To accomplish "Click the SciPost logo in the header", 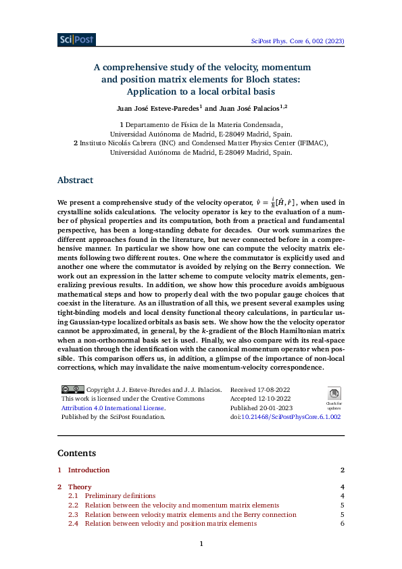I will click(x=76, y=40).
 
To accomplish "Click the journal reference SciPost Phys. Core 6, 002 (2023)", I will click(x=297, y=41).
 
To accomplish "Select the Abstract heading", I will click(x=75, y=180).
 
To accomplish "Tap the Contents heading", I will click(x=76, y=453).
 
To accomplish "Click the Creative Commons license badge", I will click(x=72, y=389).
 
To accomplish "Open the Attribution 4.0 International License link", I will click(x=113, y=408).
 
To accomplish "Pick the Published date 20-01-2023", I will click(x=280, y=408).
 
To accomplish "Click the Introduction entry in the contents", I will click(x=89, y=470).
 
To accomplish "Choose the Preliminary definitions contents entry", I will click(x=120, y=496).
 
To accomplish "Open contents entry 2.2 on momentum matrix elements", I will click(x=182, y=505).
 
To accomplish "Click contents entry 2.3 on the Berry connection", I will click(x=191, y=514).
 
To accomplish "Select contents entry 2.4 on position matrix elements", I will click(x=170, y=524).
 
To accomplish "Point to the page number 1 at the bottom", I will click(x=201, y=544).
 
